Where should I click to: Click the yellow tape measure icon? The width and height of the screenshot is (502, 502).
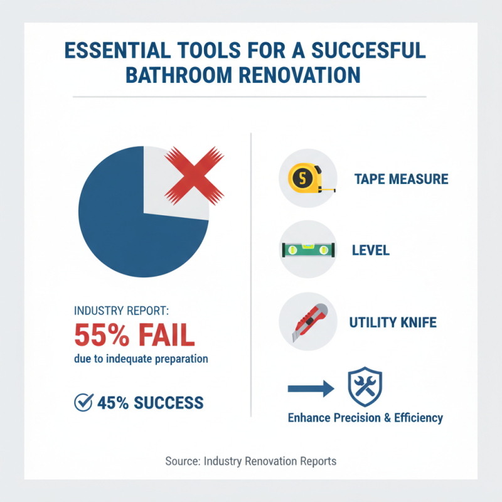pos(304,179)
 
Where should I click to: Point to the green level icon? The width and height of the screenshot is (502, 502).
pos(307,250)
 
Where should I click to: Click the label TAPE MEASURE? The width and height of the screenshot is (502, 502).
pos(401,179)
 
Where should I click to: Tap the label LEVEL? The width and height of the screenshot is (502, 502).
pos(371,250)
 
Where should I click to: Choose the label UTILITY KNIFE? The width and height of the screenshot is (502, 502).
pos(393,323)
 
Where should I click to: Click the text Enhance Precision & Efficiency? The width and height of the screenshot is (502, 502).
pos(365,417)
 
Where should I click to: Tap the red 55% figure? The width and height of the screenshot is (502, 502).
pos(101,334)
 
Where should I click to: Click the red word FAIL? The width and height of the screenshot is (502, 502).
pos(163,334)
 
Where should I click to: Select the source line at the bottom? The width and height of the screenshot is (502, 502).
pos(251,461)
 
